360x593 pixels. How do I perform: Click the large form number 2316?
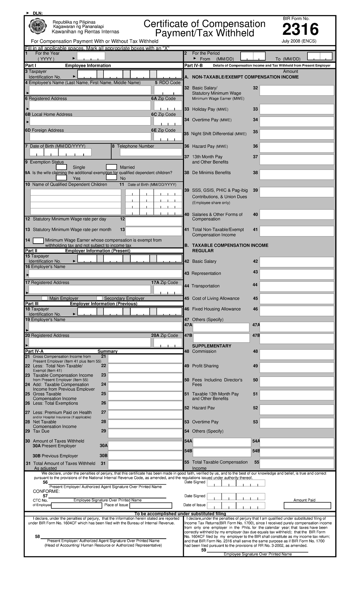pyautogui.click(x=300, y=30)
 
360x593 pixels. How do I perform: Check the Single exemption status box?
pyautogui.click(x=61, y=167)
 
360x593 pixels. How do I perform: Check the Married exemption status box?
pyautogui.click(x=111, y=167)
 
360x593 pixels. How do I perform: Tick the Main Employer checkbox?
pyautogui.click(x=44, y=298)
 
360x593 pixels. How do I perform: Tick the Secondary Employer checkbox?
pyautogui.click(x=100, y=298)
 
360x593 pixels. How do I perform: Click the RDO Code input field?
pyautogui.click(x=168, y=90)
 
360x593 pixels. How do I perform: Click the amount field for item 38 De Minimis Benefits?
pyautogui.click(x=296, y=175)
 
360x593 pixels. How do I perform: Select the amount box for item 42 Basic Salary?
pyautogui.click(x=296, y=262)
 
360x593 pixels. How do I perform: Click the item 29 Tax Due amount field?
pyautogui.click(x=145, y=433)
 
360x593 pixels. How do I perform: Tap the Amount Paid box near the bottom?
pyautogui.click(x=307, y=506)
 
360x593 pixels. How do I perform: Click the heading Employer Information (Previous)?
pyautogui.click(x=103, y=303)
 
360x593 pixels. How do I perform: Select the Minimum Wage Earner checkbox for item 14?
pyautogui.click(x=38, y=241)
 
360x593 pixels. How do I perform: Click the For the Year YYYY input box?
pyautogui.click(x=91, y=56)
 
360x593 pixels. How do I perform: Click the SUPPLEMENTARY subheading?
pyautogui.click(x=211, y=346)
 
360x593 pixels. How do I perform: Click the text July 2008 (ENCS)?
pyautogui.click(x=299, y=41)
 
